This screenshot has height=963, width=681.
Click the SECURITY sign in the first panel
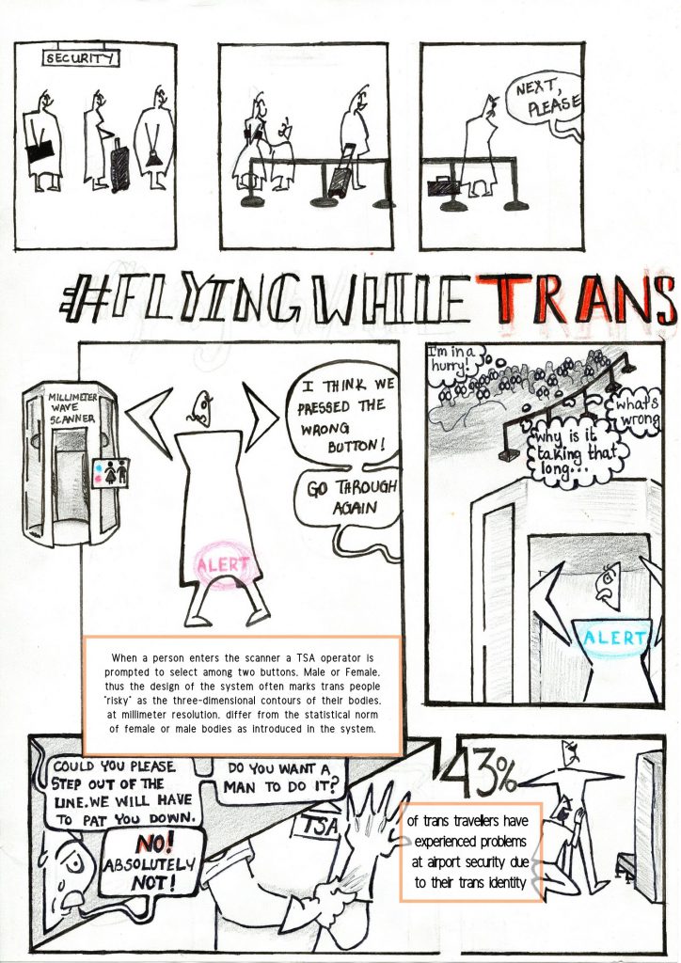[80, 57]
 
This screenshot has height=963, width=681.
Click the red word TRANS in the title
[577, 299]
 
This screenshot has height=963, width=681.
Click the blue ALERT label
[613, 638]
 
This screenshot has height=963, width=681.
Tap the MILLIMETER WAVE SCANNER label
[72, 408]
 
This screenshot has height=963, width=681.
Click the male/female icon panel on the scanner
[111, 473]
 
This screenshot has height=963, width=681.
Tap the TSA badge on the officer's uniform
[319, 825]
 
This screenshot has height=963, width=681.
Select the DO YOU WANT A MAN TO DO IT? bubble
[278, 778]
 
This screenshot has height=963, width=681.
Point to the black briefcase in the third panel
[443, 183]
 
